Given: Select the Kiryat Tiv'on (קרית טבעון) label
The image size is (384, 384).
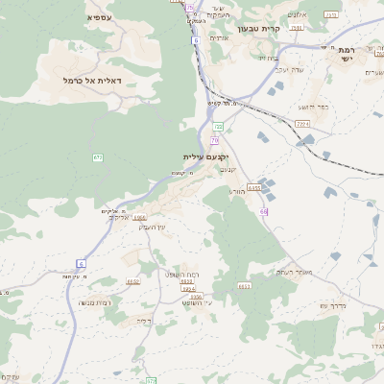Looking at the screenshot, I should click(257, 30).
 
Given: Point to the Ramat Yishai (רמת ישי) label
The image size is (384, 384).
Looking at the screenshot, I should click(346, 54).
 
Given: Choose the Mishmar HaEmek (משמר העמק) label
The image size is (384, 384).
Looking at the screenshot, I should click(297, 272).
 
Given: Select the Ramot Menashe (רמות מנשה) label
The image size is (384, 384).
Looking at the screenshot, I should click(91, 302).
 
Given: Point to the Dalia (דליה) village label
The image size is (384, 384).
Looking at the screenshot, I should click(145, 321).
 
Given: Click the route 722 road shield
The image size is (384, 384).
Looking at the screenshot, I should click(218, 126).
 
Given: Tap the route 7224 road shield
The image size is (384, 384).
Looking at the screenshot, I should click(303, 124).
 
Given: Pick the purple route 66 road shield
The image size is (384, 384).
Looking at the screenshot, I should click(263, 210).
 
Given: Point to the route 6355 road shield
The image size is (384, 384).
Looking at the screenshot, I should click(253, 188).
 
